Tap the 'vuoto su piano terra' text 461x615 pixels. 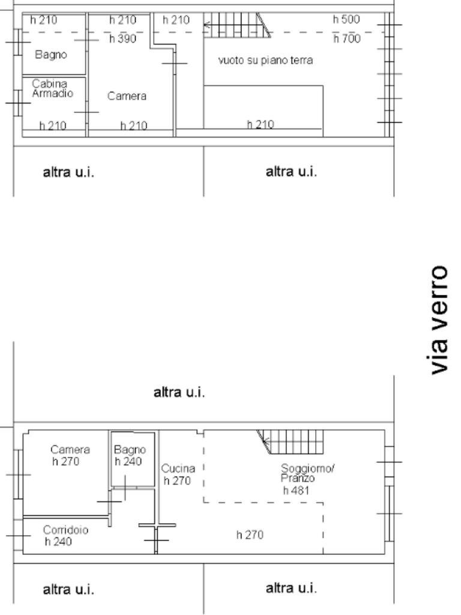265,61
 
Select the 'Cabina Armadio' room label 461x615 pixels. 52,88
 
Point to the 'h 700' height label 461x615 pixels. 347,38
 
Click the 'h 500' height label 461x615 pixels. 346,19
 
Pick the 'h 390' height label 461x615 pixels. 122,38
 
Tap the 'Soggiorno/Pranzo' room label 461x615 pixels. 307,473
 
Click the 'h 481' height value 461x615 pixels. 296,490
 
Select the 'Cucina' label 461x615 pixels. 178,468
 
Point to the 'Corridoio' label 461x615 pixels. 65,530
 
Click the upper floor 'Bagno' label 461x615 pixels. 51,54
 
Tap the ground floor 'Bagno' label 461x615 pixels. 130,449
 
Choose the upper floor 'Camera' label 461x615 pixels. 127,96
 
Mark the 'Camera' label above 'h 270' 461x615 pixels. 70,449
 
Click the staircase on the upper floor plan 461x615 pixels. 238,25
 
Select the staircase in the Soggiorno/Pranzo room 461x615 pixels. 291,441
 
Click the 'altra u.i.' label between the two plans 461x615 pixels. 179,392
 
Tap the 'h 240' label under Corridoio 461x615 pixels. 58,542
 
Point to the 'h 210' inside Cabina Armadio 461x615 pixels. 53,126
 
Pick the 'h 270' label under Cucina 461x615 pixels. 177,480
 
